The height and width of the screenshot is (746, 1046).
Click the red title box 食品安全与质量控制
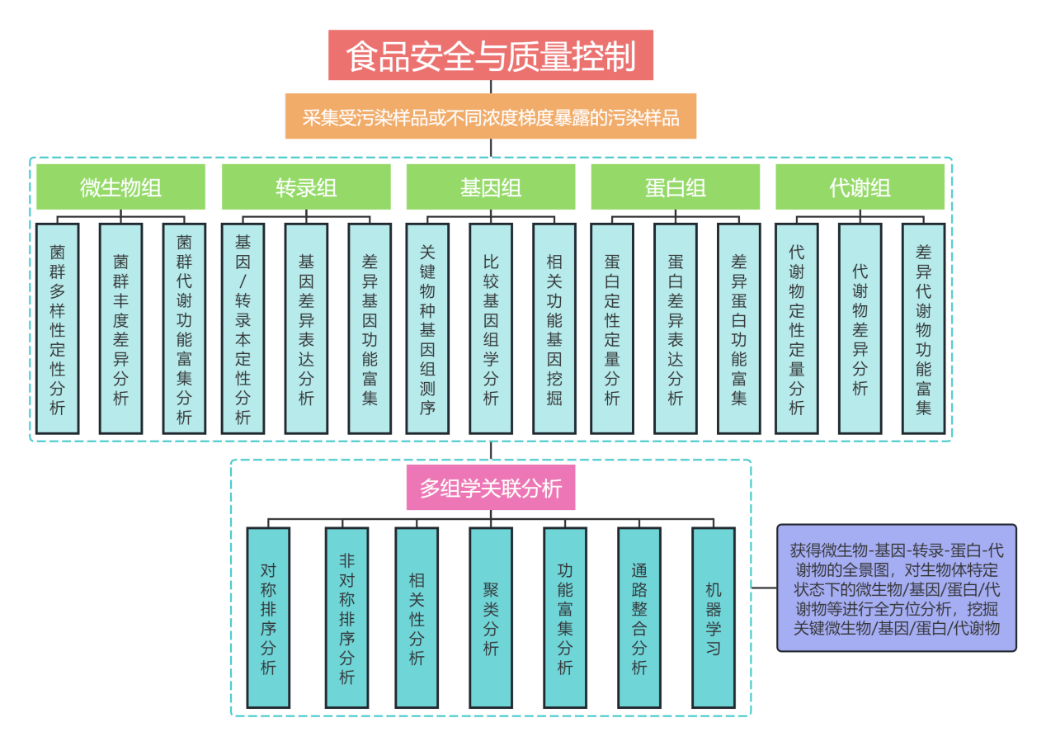click(x=491, y=56)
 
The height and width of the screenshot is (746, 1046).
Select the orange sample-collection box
click(x=491, y=116)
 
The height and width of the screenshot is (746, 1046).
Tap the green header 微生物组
click(x=120, y=187)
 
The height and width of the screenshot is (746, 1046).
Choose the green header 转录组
click(x=306, y=187)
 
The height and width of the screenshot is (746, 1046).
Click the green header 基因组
click(x=491, y=187)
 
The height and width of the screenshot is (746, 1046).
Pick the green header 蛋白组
click(x=676, y=187)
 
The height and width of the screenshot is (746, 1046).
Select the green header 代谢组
click(x=860, y=187)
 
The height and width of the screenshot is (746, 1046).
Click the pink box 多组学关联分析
click(x=491, y=489)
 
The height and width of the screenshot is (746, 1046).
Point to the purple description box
click(x=897, y=588)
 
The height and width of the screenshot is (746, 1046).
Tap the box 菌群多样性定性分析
click(x=57, y=328)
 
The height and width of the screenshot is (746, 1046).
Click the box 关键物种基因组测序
click(x=427, y=328)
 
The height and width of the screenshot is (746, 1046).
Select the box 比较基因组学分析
click(x=491, y=328)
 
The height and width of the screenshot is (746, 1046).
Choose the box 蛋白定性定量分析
click(x=612, y=328)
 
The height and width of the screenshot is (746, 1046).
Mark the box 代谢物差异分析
click(x=860, y=328)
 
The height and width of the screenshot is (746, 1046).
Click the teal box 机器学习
click(x=714, y=617)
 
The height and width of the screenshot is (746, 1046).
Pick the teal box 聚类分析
click(x=491, y=617)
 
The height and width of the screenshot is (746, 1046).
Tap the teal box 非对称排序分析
click(x=346, y=617)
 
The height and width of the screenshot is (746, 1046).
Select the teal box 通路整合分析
click(x=639, y=617)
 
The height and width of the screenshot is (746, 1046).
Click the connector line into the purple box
click(x=764, y=589)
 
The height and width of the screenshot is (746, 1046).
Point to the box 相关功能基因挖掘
click(x=554, y=328)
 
